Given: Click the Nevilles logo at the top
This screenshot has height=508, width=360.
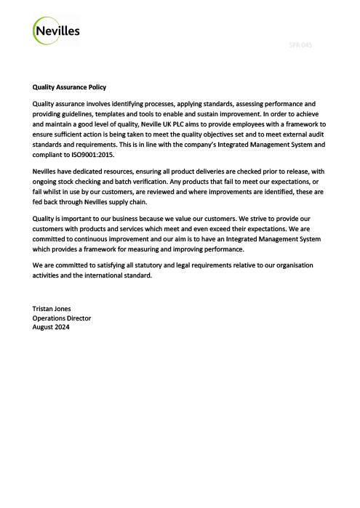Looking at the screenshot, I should [x=57, y=31].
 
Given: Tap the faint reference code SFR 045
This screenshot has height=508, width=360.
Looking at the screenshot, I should [x=300, y=45].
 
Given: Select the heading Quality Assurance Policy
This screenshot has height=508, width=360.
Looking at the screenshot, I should [x=70, y=87].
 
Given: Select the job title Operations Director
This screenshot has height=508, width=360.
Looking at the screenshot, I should [x=62, y=318].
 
